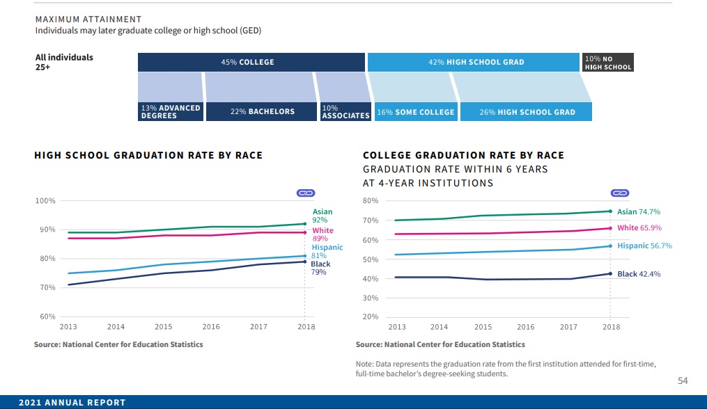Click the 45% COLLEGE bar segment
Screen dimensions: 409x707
pyautogui.click(x=251, y=62)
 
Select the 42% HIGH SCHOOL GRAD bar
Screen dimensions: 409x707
pyautogui.click(x=474, y=62)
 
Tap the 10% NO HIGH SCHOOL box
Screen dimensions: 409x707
pyautogui.click(x=607, y=63)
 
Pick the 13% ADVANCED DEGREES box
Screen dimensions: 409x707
pyautogui.click(x=171, y=112)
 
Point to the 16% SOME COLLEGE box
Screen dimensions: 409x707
pyautogui.click(x=415, y=112)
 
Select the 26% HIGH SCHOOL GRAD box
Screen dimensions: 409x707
pyautogui.click(x=527, y=112)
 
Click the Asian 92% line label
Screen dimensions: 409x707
pyautogui.click(x=322, y=216)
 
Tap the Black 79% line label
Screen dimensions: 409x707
pyautogui.click(x=320, y=268)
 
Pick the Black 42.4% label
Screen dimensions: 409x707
pyautogui.click(x=639, y=274)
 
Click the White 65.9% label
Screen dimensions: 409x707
pyautogui.click(x=639, y=227)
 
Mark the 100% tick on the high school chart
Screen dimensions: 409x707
pyautogui.click(x=45, y=201)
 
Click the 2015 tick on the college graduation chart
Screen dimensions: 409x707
pyautogui.click(x=483, y=327)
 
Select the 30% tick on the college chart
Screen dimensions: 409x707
pyautogui.click(x=371, y=298)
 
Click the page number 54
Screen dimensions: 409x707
pyautogui.click(x=683, y=380)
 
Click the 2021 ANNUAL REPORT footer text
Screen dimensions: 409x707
pyautogui.click(x=72, y=403)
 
